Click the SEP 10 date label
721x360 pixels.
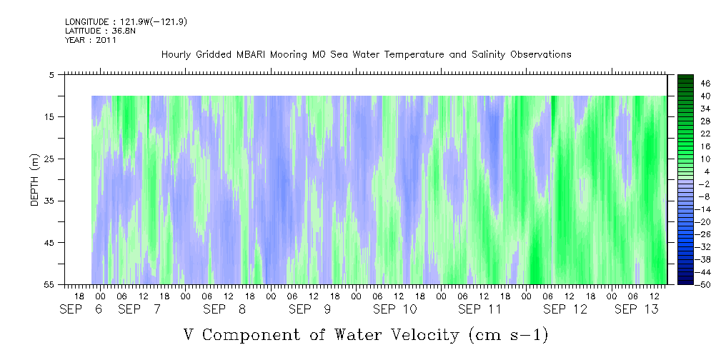tap(395, 309)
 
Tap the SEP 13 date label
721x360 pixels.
tap(637, 309)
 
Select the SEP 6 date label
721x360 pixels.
tap(81, 309)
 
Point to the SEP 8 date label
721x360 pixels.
tap(224, 309)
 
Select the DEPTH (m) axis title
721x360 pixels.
tap(35, 180)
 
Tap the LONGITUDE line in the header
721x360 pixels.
tap(126, 21)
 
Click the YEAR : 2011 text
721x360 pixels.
tap(91, 40)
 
